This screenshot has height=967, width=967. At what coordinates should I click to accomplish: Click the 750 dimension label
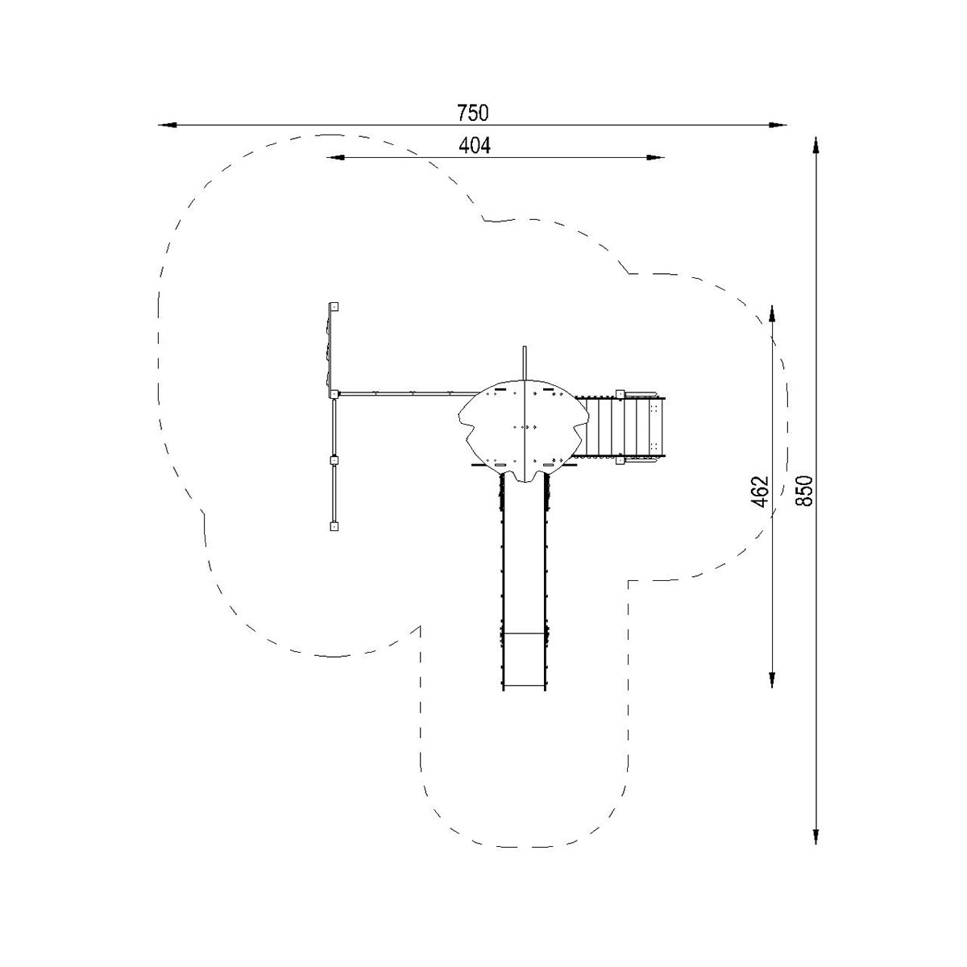coord(472,113)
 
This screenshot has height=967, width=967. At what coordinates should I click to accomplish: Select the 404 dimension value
coord(474,146)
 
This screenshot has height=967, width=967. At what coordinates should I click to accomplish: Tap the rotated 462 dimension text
coord(762,492)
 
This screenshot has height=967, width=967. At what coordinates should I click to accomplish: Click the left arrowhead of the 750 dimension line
coord(167,124)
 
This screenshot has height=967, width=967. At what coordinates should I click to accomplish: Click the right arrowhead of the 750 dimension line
coord(778,124)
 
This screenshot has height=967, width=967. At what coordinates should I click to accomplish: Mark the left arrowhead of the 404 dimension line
coord(336,158)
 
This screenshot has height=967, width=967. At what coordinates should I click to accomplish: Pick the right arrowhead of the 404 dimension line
coord(655,158)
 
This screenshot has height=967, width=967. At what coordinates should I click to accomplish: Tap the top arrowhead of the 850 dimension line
coord(816,146)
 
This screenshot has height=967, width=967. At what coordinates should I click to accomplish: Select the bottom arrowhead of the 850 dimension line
coord(816,835)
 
